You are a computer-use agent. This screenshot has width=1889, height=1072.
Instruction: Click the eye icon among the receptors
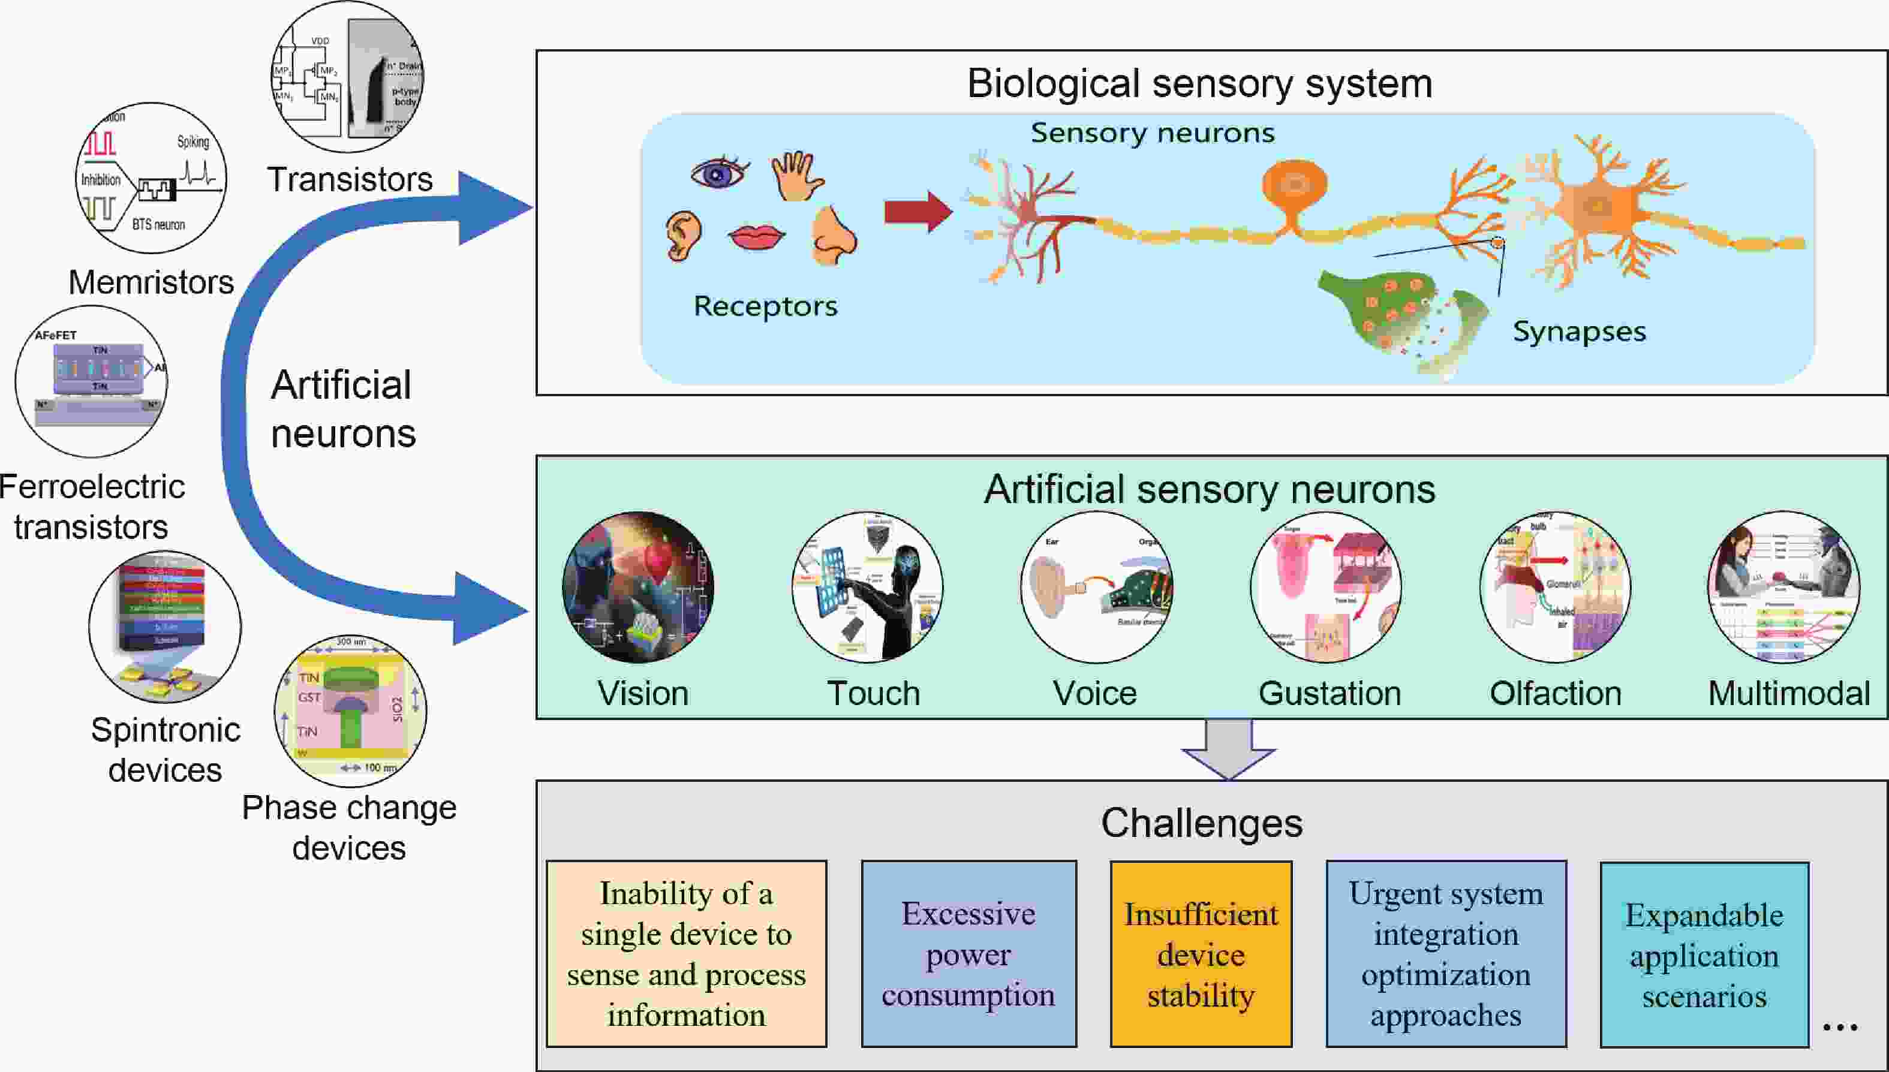719,174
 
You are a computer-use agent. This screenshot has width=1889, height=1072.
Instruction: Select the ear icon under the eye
684,236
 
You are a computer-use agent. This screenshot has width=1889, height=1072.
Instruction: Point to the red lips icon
756,237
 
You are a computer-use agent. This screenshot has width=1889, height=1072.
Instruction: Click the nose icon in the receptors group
834,235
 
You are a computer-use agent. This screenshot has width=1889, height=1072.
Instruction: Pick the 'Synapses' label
1579,332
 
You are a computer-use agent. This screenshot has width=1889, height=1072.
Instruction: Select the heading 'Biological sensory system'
1199,83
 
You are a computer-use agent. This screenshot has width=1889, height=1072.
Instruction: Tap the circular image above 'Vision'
638,587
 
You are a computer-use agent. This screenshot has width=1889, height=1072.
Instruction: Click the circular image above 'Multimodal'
1783,587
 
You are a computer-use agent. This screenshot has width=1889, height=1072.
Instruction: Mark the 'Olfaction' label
1556,694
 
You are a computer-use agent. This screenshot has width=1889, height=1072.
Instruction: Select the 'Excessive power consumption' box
968,953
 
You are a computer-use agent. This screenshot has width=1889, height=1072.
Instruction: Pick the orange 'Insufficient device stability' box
1201,953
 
